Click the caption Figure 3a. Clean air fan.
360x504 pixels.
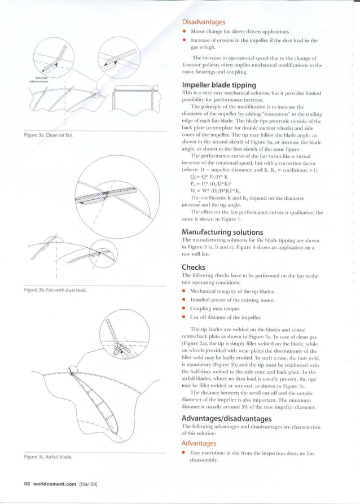pos(46,135)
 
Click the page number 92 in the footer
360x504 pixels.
pos(27,484)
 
